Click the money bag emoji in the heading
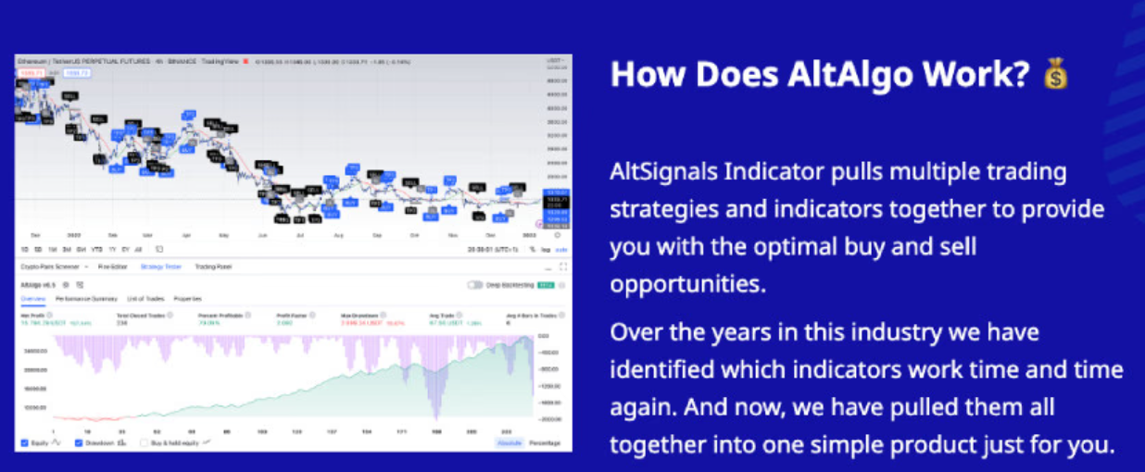pos(1055,74)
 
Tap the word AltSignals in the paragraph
pos(664,172)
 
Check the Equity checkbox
pos(25,443)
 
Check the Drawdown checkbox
pos(78,443)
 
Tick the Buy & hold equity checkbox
pos(145,443)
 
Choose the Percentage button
pos(545,443)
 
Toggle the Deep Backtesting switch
pos(475,285)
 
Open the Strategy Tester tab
pos(160,267)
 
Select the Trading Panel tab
pos(213,267)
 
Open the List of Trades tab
pos(145,299)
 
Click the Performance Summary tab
pos(86,299)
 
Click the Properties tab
pos(188,299)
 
